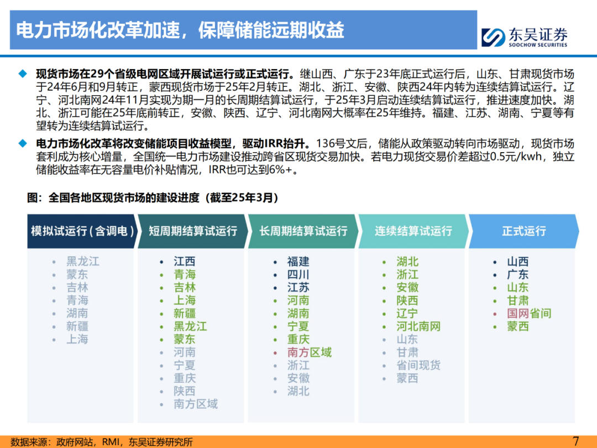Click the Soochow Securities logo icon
click(493, 38)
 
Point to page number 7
click(575, 441)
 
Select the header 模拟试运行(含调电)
click(82, 231)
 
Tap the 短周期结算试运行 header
click(193, 231)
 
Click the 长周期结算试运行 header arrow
click(303, 231)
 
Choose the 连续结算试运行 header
click(413, 231)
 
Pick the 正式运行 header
click(524, 231)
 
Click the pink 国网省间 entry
click(529, 314)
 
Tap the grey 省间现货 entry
click(418, 366)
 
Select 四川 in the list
click(298, 275)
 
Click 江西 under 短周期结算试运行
click(185, 262)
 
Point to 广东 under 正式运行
click(518, 275)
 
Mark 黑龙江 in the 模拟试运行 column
click(83, 262)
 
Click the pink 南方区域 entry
click(310, 352)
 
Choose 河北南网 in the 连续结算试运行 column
click(418, 326)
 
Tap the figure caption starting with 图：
click(153, 197)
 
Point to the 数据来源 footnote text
click(101, 442)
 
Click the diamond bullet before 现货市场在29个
click(23, 74)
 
